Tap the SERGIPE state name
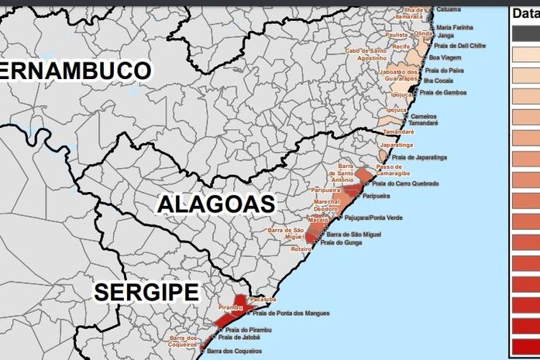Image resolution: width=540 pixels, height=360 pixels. coord(146,292)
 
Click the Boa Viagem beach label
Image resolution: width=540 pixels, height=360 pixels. coord(445,57)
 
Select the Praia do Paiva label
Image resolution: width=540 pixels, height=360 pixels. coord(444,70)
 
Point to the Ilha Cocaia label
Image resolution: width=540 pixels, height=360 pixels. coord(439,81)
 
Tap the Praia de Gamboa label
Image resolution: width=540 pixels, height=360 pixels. coord(445,92)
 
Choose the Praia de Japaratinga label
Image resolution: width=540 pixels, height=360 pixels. coord(419,157)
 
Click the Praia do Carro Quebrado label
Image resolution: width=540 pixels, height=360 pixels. coord(405,183)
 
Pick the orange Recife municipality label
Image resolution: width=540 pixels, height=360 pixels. coord(401,46)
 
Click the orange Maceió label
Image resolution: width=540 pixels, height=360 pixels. coord(318,220)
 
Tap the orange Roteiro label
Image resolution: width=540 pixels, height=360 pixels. coord(301,249)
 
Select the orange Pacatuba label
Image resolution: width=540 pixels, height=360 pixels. coord(263,299)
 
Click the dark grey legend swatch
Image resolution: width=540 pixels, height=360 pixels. coord(525,33)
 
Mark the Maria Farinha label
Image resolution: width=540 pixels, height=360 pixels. coord(455,27)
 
